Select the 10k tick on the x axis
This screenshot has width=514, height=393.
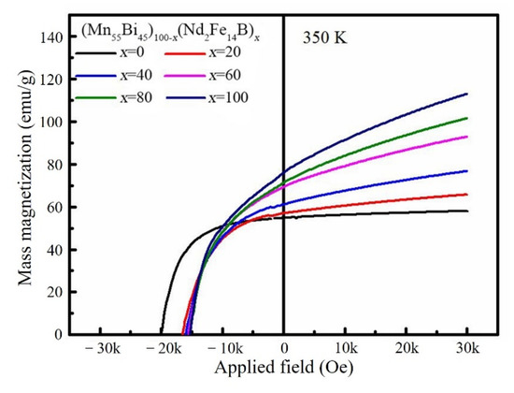345,349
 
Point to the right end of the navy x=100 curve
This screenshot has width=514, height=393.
466,94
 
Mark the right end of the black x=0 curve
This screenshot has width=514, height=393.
466,211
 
